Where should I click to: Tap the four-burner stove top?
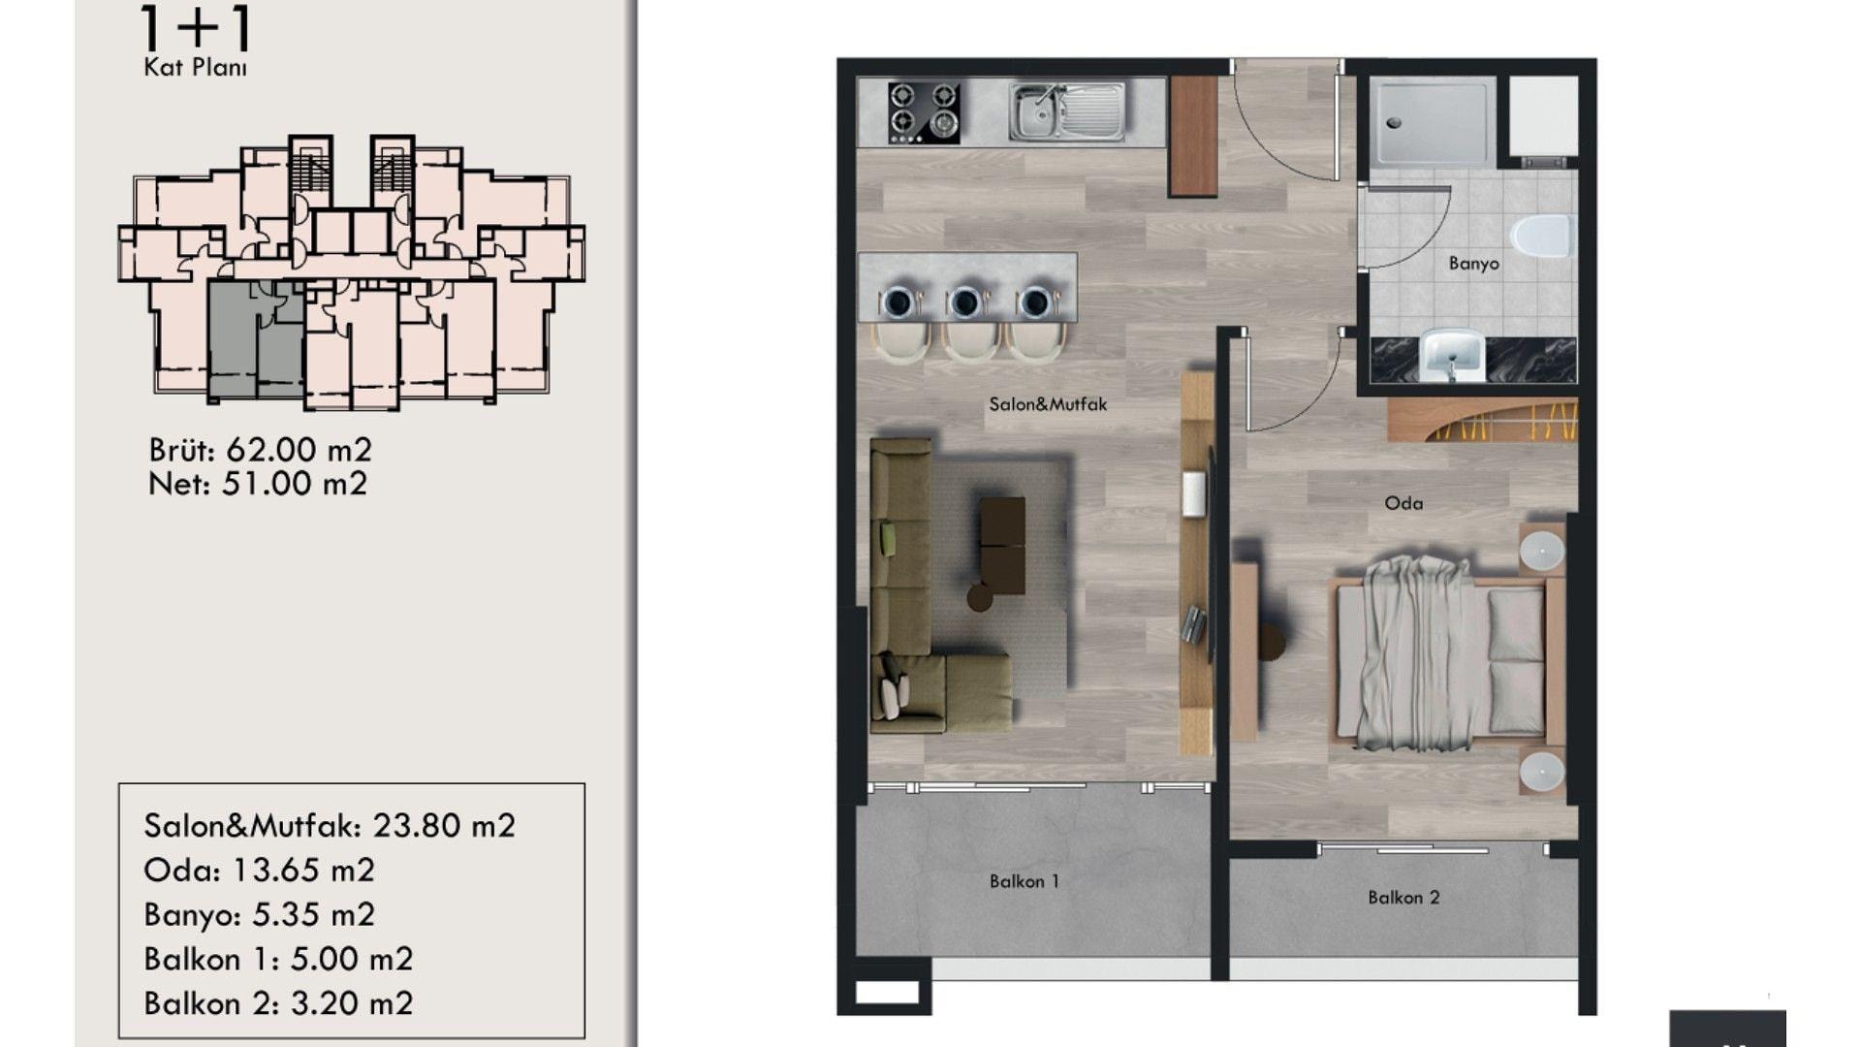[x=924, y=112]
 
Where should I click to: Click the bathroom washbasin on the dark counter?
[x=1451, y=356]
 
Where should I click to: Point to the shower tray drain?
[x=1394, y=123]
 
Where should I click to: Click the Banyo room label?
[x=1473, y=264]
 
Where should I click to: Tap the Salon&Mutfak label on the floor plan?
[x=1048, y=404]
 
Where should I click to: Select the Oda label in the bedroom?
[x=1404, y=503]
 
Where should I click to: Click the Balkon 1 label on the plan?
[x=1025, y=881]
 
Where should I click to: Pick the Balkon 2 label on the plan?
[x=1404, y=898]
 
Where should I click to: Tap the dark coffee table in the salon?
[x=1002, y=546]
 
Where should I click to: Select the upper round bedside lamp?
[x=1541, y=551]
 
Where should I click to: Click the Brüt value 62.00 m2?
[x=299, y=450]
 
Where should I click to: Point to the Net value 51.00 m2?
[x=295, y=484]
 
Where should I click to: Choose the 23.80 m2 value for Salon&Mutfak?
[x=444, y=826]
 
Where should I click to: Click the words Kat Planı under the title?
[x=195, y=68]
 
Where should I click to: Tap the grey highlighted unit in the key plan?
[x=256, y=339]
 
